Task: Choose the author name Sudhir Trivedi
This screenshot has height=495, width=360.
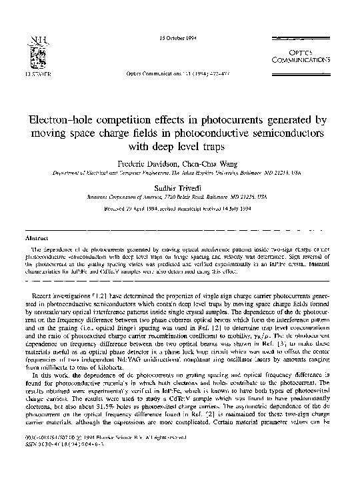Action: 180,189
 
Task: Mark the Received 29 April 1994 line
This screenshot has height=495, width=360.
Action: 180,207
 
